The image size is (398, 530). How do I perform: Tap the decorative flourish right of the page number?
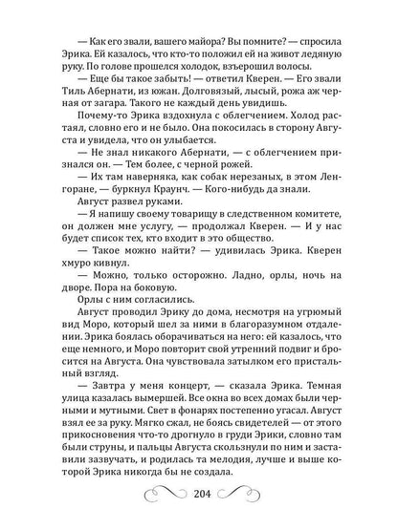(x=248, y=498)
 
